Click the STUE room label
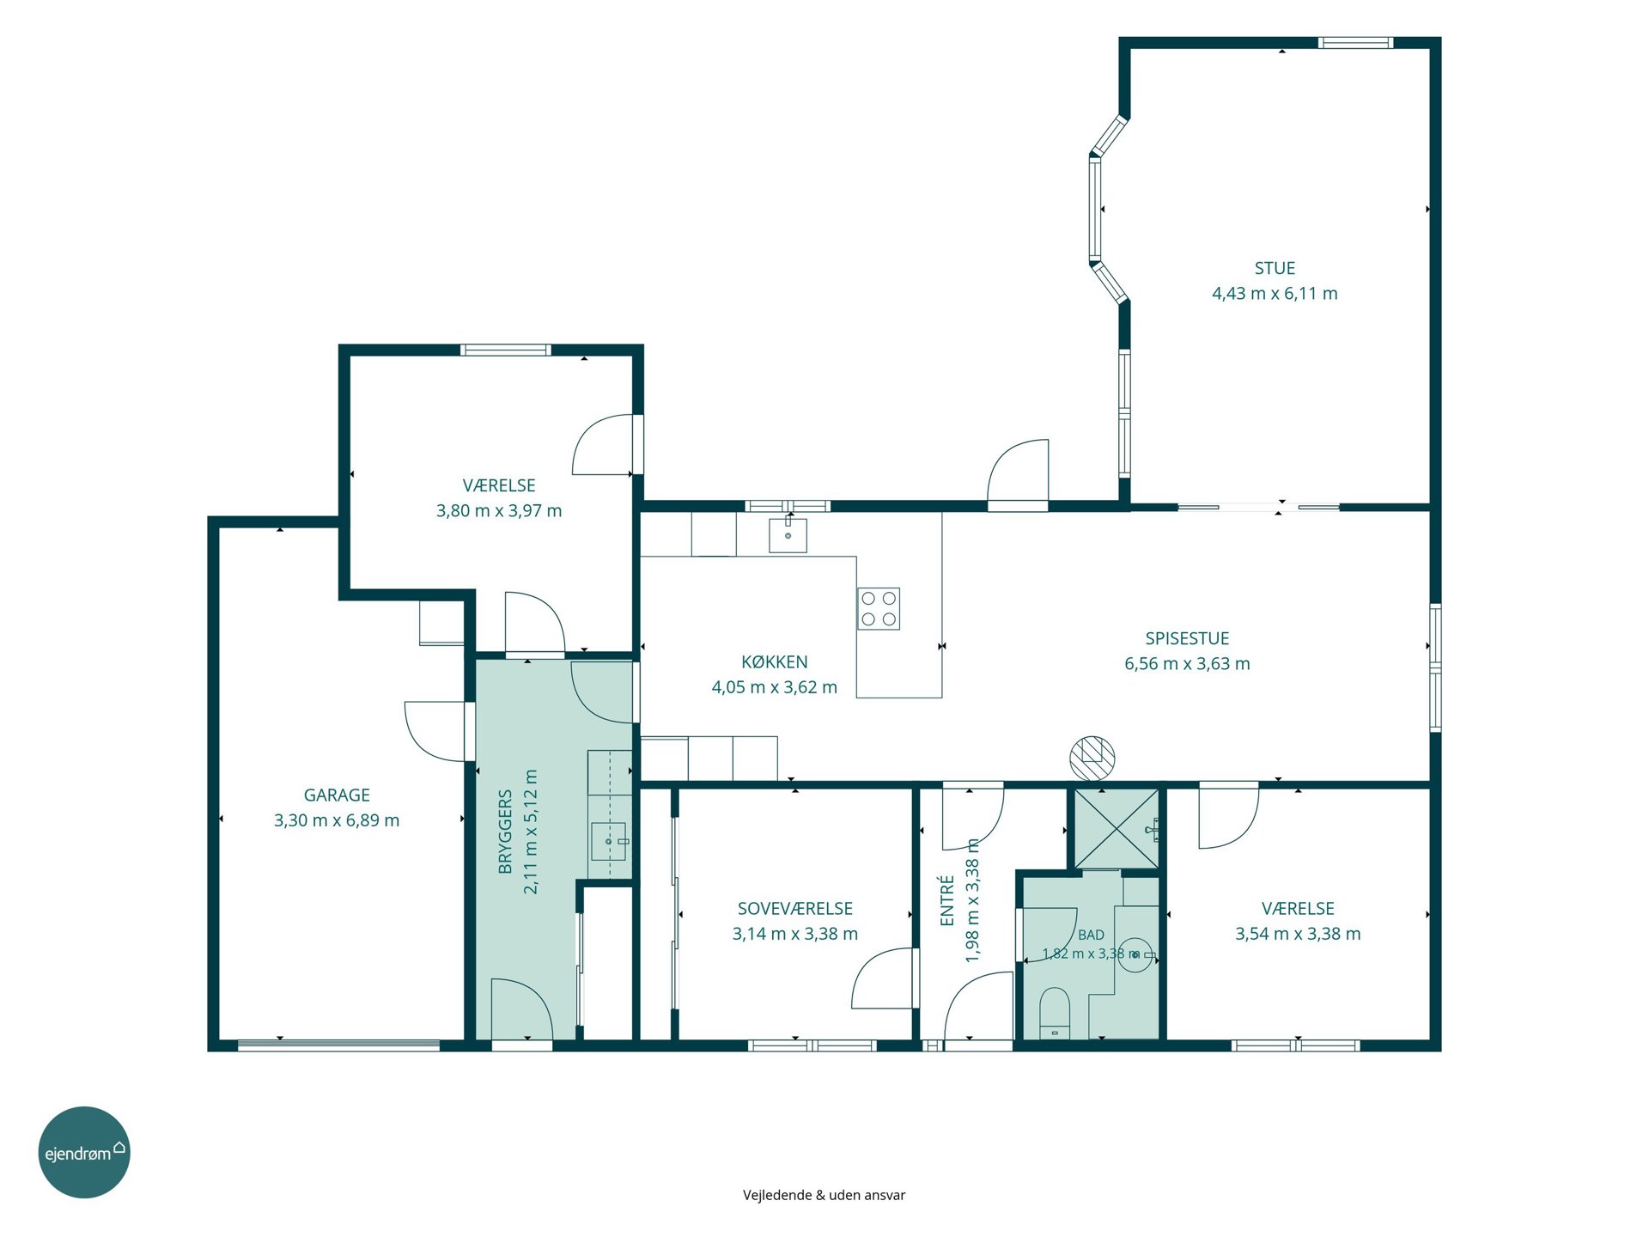click(1275, 268)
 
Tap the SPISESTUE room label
click(1187, 638)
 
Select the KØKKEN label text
click(774, 661)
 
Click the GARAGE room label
click(337, 795)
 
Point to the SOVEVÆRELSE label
click(795, 908)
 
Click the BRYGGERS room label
click(505, 832)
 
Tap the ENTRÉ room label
click(947, 900)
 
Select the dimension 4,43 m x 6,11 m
click(1275, 294)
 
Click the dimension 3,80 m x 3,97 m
click(499, 511)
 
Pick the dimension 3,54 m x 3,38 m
click(1298, 934)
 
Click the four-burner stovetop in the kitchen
click(878, 608)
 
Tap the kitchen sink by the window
click(788, 533)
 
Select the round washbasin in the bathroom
click(1137, 954)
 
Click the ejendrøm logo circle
click(84, 1152)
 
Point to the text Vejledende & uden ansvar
click(824, 1195)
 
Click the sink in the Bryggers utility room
click(609, 841)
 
